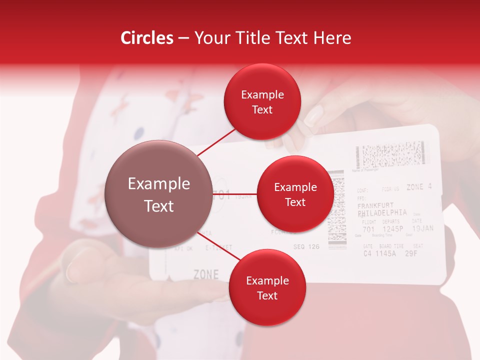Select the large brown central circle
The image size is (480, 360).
(x=159, y=194)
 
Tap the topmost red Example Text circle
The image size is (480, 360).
(x=262, y=102)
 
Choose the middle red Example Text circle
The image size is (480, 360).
(x=295, y=194)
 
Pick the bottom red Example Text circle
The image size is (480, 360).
(x=267, y=288)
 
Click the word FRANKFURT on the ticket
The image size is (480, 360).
(x=375, y=205)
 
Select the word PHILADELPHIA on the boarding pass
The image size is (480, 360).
(x=382, y=212)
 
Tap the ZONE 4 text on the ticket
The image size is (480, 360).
(x=418, y=187)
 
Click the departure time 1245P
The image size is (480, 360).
(x=393, y=229)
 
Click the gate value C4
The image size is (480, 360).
(x=367, y=253)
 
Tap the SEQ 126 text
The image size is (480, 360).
(x=306, y=246)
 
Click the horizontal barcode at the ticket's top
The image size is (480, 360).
(x=392, y=155)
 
